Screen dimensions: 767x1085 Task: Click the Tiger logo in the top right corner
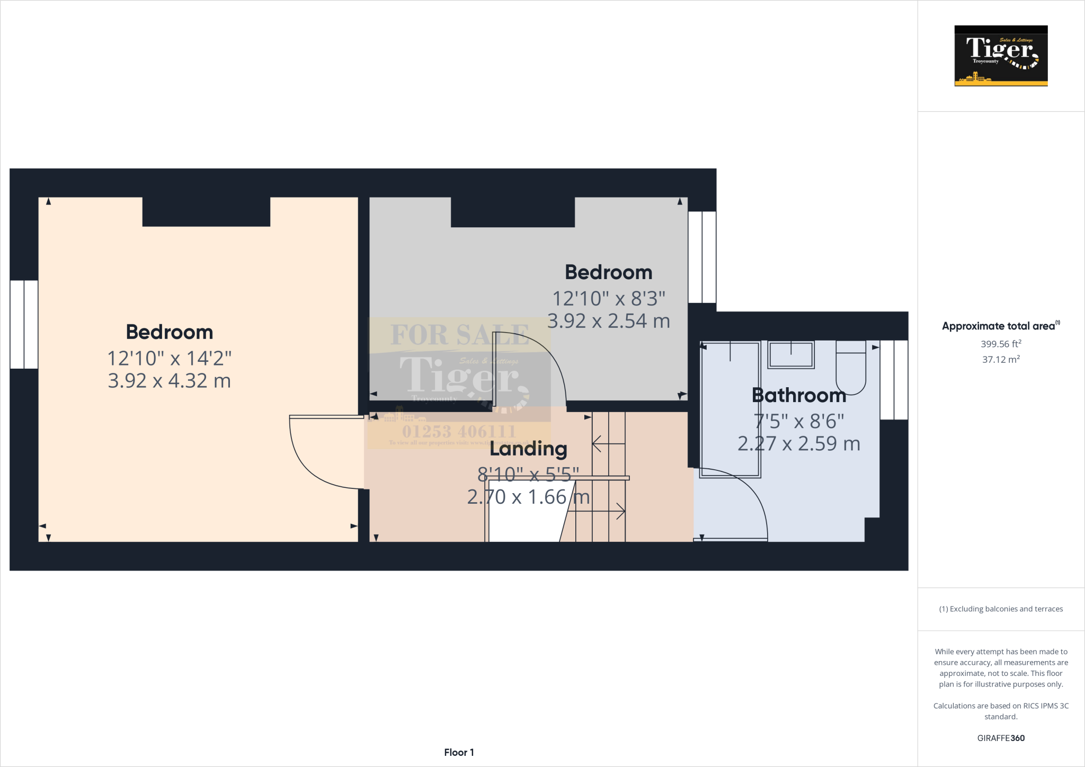click(1001, 56)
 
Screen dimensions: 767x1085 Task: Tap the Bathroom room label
click(798, 395)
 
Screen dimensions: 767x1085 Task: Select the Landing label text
click(528, 449)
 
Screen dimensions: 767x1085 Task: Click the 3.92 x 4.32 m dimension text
click(169, 381)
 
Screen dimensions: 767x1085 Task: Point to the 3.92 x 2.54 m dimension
click(608, 321)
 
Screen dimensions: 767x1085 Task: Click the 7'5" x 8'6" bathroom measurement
click(798, 421)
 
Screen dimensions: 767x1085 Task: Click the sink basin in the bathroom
click(791, 354)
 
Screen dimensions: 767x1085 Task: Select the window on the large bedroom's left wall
click(24, 324)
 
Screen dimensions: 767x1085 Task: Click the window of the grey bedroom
click(702, 257)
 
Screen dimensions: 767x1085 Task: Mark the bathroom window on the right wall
click(894, 380)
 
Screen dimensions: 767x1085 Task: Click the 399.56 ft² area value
click(1000, 344)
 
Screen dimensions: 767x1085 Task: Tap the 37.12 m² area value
click(1000, 359)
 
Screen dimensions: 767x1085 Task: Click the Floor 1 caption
click(459, 752)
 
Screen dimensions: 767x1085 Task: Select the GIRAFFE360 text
click(1000, 738)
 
